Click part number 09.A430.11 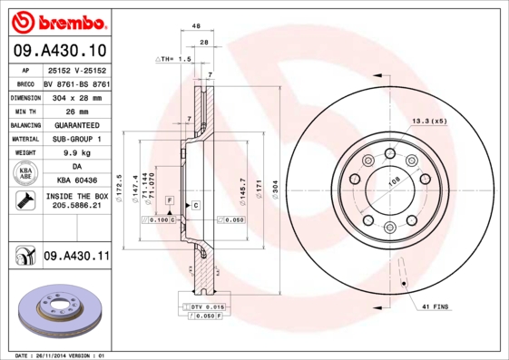[x=75, y=257]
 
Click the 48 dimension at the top [x=196, y=27]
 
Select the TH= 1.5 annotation [x=174, y=59]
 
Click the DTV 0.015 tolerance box [x=205, y=307]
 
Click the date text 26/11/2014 [x=62, y=355]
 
